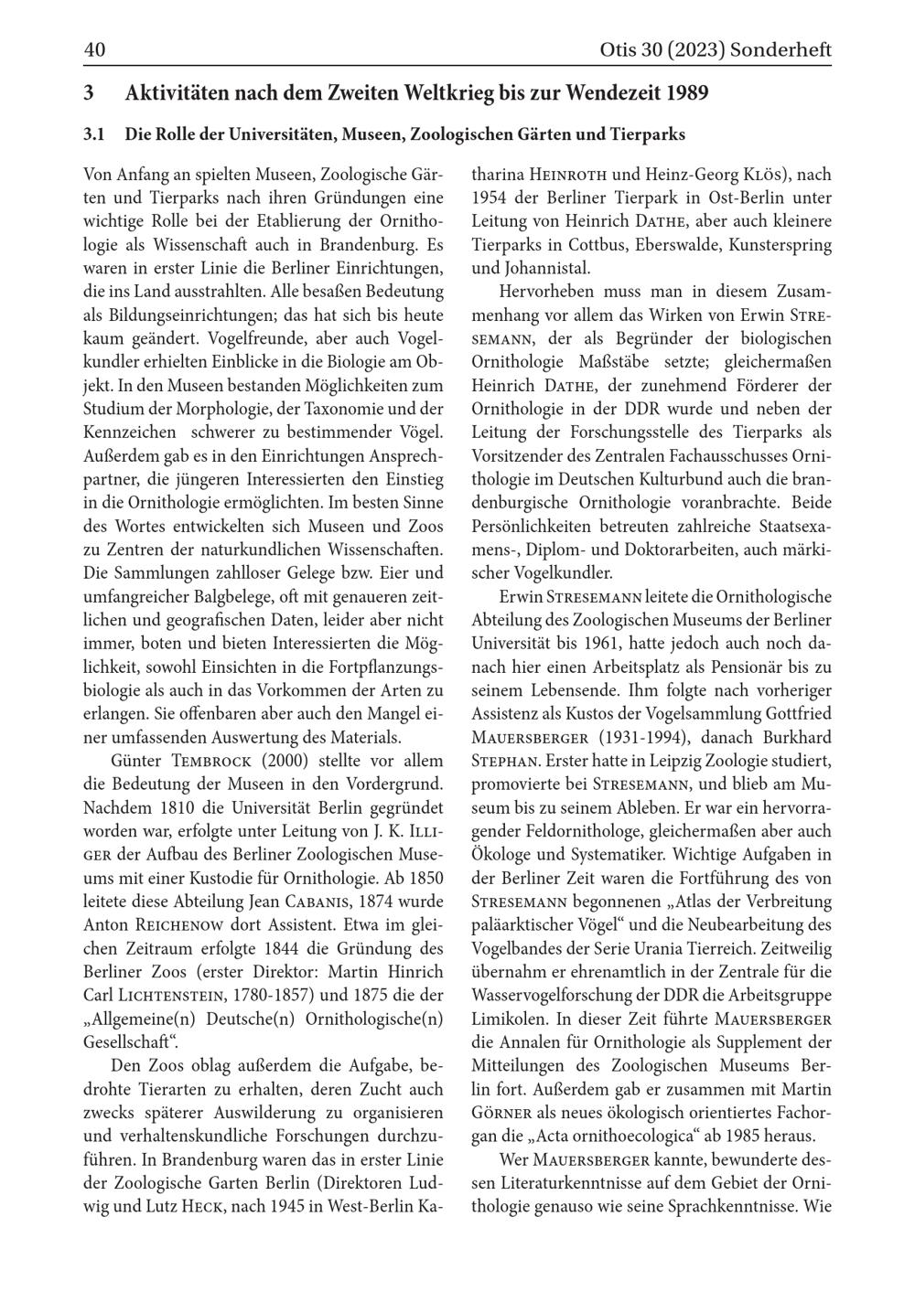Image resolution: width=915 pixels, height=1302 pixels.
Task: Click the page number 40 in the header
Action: [94, 50]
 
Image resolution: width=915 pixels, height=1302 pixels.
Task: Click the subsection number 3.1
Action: [94, 134]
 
